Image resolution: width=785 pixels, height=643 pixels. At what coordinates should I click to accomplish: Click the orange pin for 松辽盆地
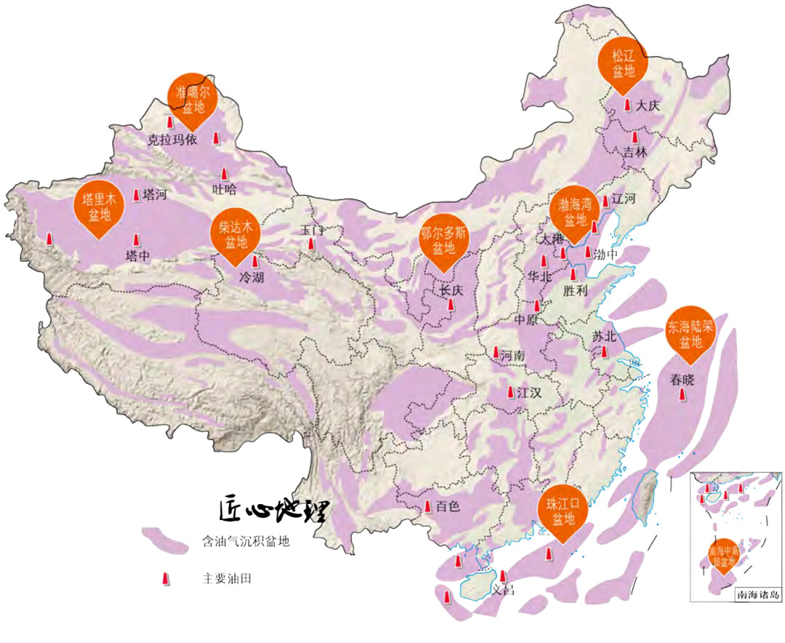[623, 63]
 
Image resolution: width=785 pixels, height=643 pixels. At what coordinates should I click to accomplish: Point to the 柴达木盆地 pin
[233, 234]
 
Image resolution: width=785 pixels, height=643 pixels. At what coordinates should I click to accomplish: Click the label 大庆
[647, 105]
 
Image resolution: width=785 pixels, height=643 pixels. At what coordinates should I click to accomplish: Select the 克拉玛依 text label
[172, 140]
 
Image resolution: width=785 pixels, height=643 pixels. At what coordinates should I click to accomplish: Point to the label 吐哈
[225, 189]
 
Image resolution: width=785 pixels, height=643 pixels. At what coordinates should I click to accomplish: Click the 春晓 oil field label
[683, 378]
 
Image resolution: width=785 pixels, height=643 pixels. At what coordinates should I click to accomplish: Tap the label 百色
[448, 508]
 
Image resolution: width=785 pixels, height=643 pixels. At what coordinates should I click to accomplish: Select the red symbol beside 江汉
[510, 391]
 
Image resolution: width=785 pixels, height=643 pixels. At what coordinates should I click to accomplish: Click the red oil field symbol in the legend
[166, 578]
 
